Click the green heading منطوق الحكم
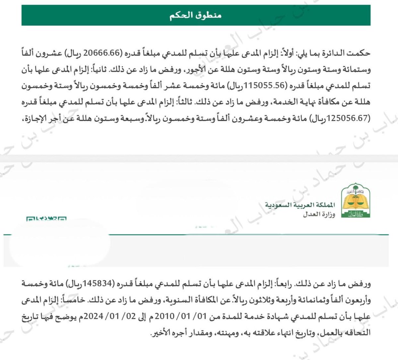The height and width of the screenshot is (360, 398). click(198, 16)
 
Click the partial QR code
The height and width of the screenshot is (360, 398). click(46, 218)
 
